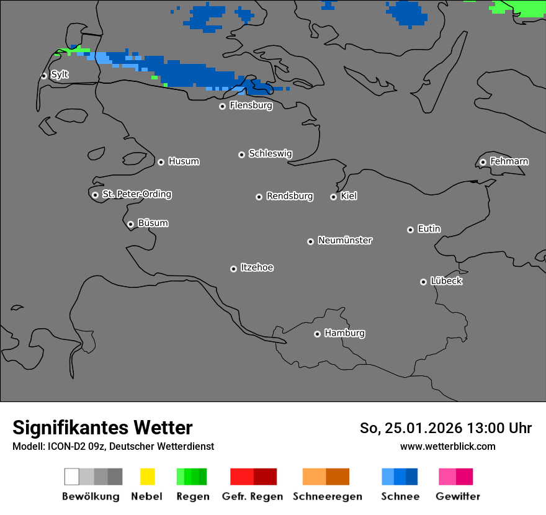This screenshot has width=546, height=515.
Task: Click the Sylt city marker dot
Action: (44, 76)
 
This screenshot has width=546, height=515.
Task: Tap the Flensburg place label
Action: (251, 105)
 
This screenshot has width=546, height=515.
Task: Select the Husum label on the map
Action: (184, 161)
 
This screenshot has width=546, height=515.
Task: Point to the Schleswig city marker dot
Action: (241, 154)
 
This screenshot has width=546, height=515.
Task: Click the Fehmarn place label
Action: (509, 161)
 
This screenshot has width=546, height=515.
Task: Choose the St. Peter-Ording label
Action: (136, 194)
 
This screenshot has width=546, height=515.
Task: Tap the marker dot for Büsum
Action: (130, 224)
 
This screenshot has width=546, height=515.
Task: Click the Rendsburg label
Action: (289, 196)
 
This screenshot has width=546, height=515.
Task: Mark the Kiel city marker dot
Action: (333, 197)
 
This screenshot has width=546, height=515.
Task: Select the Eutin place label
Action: (429, 229)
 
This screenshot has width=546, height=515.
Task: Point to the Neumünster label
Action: (345, 240)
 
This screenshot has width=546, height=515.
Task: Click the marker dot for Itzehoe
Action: (233, 269)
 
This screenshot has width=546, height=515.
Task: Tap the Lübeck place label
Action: (446, 281)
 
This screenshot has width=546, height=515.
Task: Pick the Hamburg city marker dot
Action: (317, 334)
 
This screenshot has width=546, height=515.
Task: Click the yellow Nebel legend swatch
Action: (147, 477)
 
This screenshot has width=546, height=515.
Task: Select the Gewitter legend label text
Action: (458, 496)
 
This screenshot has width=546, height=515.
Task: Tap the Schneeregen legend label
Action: (328, 496)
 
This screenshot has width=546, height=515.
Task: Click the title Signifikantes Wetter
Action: (102, 428)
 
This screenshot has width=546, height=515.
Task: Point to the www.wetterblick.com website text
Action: (447, 446)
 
